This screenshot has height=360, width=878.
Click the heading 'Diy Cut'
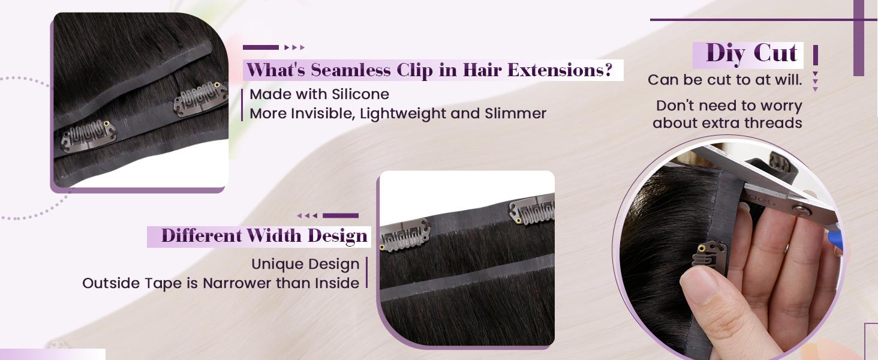[752, 53]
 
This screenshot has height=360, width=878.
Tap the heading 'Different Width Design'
[264, 236]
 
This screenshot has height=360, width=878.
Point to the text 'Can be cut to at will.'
[724, 80]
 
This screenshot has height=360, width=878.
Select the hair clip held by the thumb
[709, 254]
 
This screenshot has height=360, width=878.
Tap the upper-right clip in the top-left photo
[200, 100]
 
